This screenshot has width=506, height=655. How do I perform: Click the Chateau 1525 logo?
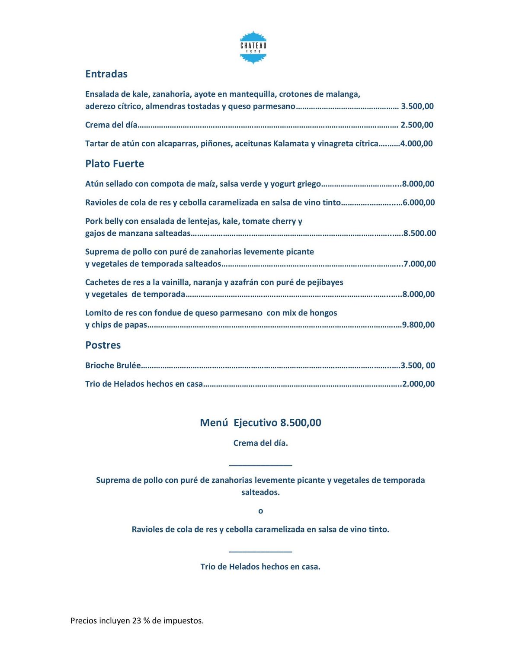[x=253, y=48]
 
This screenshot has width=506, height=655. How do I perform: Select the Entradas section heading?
[x=106, y=74]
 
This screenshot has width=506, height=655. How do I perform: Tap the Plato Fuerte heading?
[x=115, y=164]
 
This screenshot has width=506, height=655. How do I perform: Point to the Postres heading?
[x=103, y=345]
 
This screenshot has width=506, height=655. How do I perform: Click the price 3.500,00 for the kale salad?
[x=417, y=106]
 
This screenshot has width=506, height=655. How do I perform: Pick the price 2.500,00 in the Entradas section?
[x=417, y=125]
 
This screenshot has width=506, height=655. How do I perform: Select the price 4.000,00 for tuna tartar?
[x=416, y=144]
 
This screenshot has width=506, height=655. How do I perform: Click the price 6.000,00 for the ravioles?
[x=419, y=202]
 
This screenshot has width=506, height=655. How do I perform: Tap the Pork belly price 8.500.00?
[x=420, y=233]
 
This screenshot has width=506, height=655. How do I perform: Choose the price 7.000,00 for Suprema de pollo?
[x=420, y=264]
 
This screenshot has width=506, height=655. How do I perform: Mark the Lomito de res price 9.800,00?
[x=418, y=325]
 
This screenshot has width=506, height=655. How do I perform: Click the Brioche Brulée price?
[x=418, y=366]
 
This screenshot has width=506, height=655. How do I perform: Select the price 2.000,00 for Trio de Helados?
[x=419, y=384]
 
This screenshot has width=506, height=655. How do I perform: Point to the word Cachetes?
[x=102, y=283]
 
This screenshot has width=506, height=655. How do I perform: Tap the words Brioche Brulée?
[x=113, y=366]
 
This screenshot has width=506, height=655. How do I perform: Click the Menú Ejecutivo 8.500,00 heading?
[x=260, y=423]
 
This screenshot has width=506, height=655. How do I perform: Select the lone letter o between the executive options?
[x=260, y=511]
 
